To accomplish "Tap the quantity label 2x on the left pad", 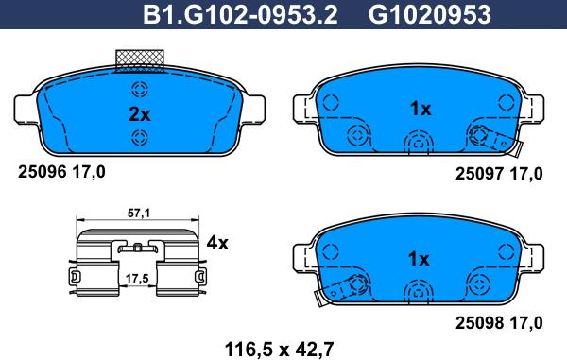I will tap(139, 115).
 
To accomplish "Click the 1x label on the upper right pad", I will tap(420, 109).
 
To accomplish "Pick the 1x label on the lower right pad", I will tap(420, 258).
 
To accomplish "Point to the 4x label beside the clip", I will tap(217, 243).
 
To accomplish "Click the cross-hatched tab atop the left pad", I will tap(140, 60).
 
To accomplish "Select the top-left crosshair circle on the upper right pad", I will tap(330, 102).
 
